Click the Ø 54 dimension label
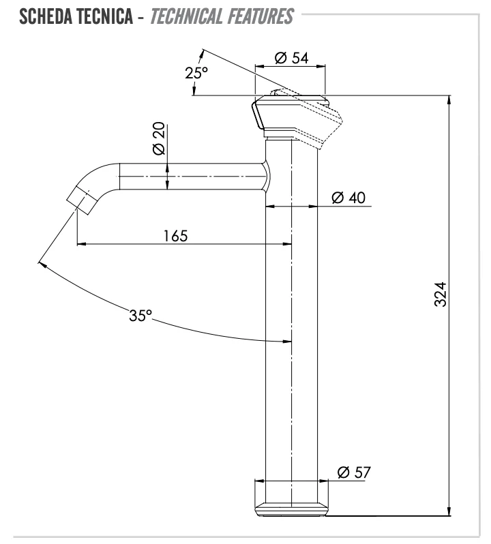click(291, 58)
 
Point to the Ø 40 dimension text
click(348, 198)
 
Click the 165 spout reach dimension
click(175, 235)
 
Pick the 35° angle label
click(141, 316)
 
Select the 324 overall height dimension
click(440, 294)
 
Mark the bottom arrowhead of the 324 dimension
click(449, 512)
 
